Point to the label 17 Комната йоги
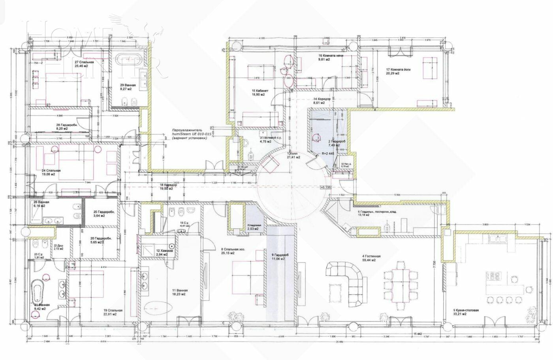(398, 71)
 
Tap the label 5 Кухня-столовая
(466, 312)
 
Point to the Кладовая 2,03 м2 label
(253, 227)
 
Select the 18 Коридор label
(168, 187)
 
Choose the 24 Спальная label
(51, 172)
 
